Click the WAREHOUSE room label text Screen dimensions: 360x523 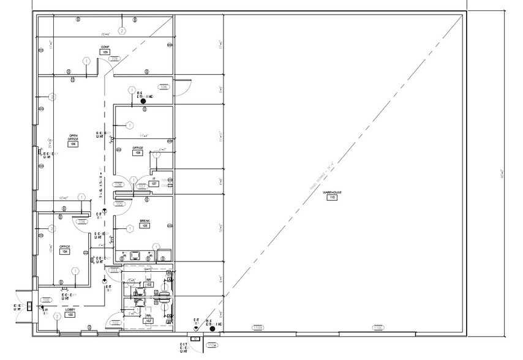point(332,192)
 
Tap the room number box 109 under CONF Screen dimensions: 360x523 point(106,53)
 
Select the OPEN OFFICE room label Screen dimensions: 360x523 point(73,138)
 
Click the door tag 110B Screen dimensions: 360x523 point(258,328)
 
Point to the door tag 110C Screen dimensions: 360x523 point(378,328)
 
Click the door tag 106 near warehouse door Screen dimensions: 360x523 point(164,87)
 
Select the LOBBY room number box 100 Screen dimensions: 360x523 point(70,315)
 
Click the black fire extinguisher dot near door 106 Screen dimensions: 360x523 point(143,101)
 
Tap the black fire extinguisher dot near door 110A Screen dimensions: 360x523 point(212,329)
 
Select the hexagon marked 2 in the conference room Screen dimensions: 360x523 point(122,31)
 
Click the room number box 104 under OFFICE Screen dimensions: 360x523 point(64,252)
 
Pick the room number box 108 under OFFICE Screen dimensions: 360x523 point(138,153)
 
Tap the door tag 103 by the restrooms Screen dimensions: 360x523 point(114,270)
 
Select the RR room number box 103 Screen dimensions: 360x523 point(148,285)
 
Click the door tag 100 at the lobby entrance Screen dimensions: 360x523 point(45,301)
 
